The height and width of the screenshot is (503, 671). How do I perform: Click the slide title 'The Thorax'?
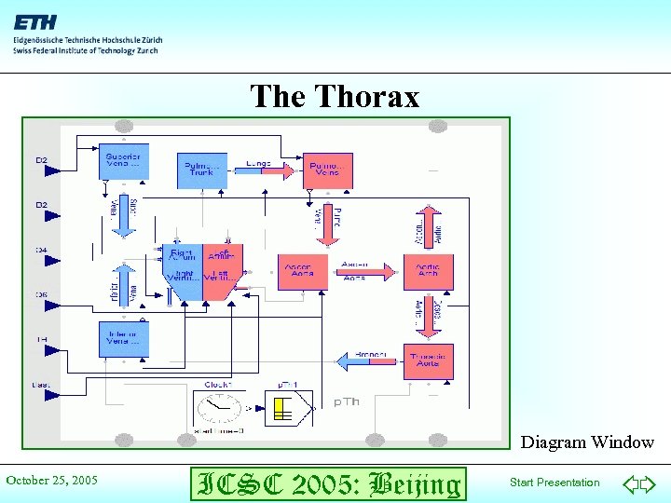(x=335, y=97)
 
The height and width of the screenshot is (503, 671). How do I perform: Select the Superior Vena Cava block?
(x=123, y=161)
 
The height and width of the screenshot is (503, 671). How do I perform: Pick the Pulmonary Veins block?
(x=328, y=170)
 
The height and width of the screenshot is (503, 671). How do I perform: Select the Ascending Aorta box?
(x=302, y=272)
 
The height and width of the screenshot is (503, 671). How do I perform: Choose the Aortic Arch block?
(x=428, y=272)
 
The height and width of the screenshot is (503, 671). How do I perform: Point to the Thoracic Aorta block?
(x=429, y=361)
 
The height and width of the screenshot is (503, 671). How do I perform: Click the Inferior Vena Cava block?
(x=123, y=339)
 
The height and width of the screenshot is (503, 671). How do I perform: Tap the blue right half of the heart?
(x=183, y=272)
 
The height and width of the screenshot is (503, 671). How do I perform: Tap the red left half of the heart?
(x=222, y=270)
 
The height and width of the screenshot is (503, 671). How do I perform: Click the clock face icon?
(x=217, y=409)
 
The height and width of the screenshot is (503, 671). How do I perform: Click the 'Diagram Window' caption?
(x=587, y=442)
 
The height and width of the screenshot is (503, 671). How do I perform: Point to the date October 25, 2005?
(x=52, y=481)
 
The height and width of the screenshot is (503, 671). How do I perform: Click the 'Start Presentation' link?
(x=555, y=483)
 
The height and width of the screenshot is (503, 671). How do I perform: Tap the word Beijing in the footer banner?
(x=415, y=483)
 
